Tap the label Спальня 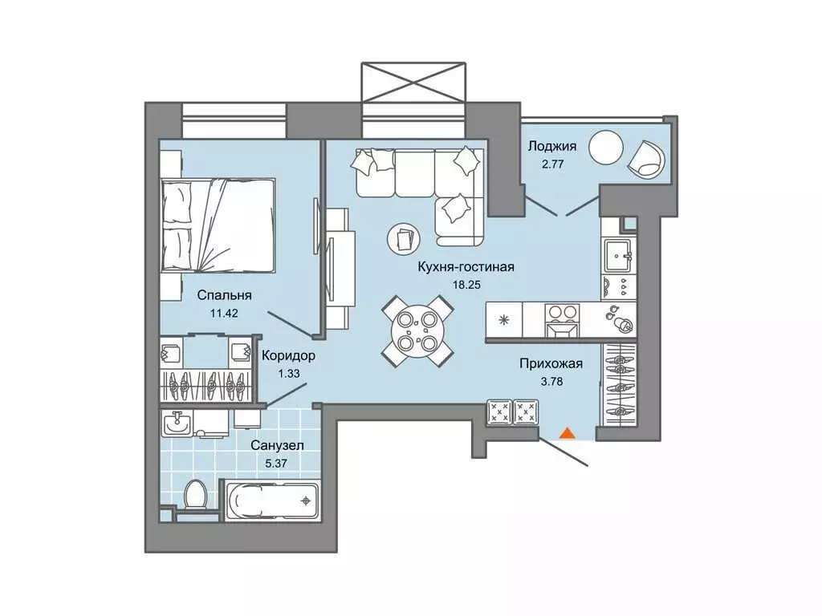coord(225,295)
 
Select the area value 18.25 coord(466,285)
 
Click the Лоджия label coord(552,146)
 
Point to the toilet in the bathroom coord(197,493)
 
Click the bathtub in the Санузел coord(272,500)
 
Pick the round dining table coord(417,331)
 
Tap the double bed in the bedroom coord(218,225)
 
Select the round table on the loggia coord(606,148)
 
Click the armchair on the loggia coord(647,158)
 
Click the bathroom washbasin coord(177,423)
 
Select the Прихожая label coord(551,363)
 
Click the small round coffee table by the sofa coord(403,239)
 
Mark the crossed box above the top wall coord(413,83)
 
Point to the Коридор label coord(288,356)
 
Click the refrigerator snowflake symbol coord(504,320)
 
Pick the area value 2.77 coord(552,164)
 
